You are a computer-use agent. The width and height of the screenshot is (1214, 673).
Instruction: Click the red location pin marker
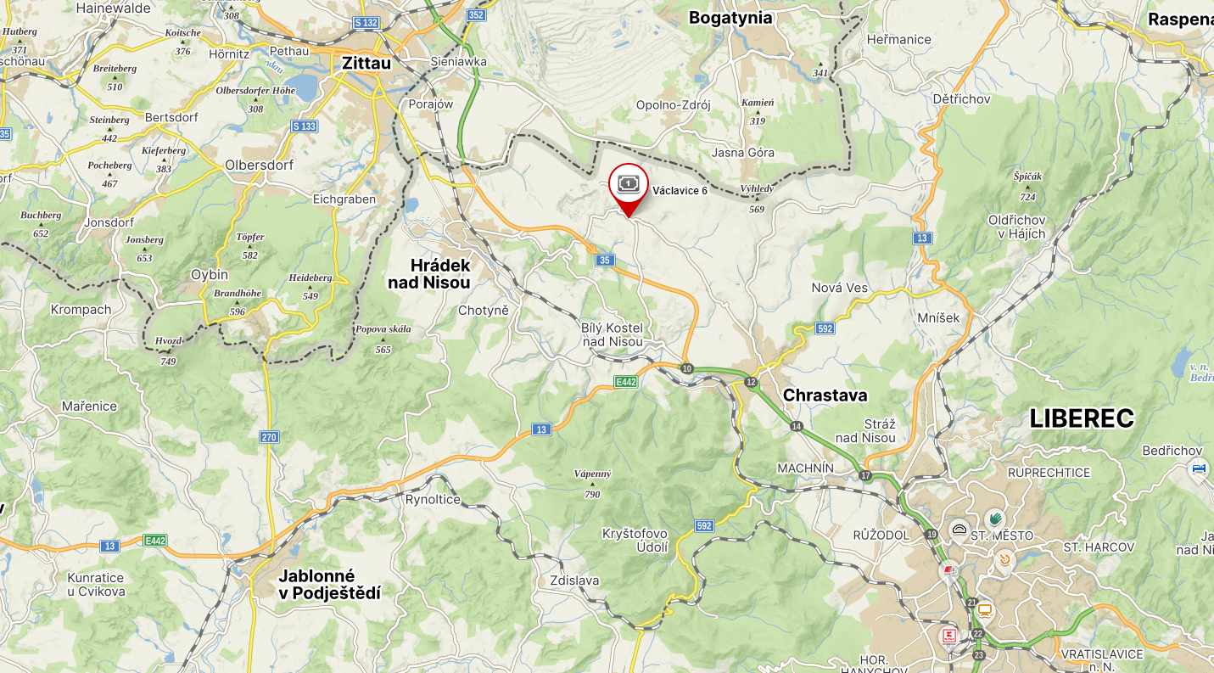coord(629,188)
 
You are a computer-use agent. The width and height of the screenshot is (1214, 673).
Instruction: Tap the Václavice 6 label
coord(680,191)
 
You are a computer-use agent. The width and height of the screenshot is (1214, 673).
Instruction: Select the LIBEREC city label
coord(1082,418)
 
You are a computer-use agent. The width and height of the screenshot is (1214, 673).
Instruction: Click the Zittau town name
coord(366,64)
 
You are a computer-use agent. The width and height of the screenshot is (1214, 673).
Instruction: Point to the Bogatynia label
coord(730,18)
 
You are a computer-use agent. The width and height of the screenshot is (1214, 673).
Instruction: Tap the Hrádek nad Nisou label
coord(429,274)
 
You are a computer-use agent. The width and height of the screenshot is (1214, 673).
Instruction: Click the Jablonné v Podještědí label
coord(329,585)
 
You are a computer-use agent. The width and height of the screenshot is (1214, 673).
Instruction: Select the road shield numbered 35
coord(604,261)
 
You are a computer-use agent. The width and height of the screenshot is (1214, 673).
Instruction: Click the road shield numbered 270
coord(269,437)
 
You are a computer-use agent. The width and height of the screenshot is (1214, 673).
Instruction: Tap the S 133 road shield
coord(304,126)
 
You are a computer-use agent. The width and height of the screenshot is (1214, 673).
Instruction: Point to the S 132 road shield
coord(366,23)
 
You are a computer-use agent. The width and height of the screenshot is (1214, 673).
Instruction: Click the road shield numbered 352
coord(477,15)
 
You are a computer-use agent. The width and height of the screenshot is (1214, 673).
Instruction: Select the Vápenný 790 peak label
coord(592,483)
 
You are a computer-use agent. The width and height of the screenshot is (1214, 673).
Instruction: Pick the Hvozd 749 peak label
coord(168,350)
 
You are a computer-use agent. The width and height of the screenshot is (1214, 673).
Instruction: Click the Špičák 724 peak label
coord(1027,185)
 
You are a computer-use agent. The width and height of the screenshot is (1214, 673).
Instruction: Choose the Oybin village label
coord(210,275)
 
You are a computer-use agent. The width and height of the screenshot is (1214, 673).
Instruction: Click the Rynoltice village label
coord(433,499)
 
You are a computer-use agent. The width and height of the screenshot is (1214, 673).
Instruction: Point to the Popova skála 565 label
coord(383,338)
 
